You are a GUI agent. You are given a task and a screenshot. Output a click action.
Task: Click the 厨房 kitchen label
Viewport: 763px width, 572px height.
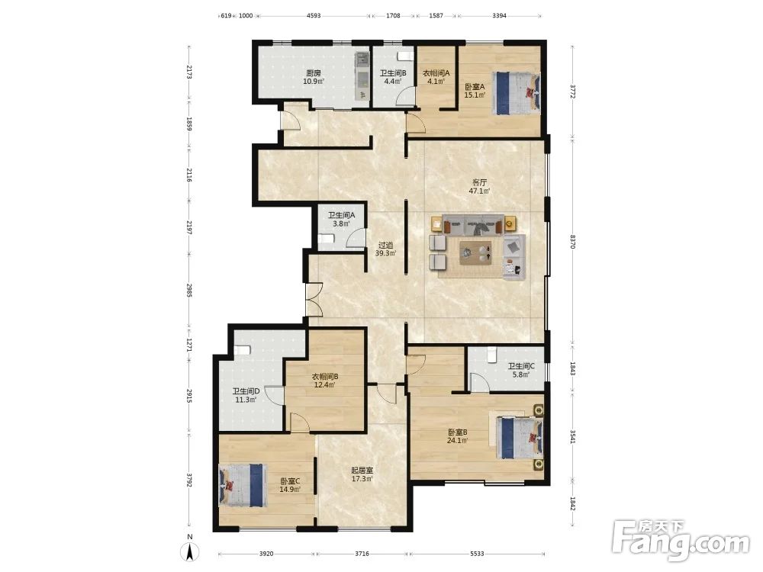tap(314, 73)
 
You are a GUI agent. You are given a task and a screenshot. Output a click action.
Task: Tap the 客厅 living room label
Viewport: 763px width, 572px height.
tap(479, 183)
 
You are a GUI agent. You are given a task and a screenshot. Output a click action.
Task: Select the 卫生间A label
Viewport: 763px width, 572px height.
tap(341, 215)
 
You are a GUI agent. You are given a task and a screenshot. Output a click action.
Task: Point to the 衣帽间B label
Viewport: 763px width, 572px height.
tap(324, 377)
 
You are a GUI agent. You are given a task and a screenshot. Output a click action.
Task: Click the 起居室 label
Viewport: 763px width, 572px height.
tap(362, 471)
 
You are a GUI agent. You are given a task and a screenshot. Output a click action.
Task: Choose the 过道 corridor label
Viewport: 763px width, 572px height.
tap(385, 245)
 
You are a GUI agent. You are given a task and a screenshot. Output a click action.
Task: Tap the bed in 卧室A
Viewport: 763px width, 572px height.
tap(517, 93)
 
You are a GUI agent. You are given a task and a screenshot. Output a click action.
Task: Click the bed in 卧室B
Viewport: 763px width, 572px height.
tap(520, 438)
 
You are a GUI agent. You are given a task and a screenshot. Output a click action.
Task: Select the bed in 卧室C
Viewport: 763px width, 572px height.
tap(243, 485)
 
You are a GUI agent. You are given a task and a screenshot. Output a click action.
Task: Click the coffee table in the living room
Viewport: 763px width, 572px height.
tap(475, 252)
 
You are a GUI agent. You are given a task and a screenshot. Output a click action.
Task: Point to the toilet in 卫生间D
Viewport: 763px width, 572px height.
tap(242, 350)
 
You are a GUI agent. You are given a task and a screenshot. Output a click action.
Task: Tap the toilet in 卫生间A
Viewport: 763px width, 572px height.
tap(326, 239)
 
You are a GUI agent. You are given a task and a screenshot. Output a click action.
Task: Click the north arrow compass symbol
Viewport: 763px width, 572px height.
tap(190, 550)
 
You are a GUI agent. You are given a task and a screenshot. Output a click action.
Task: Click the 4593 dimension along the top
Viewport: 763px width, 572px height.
tap(314, 15)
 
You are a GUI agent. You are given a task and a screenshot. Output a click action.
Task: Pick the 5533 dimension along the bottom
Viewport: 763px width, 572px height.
tap(477, 554)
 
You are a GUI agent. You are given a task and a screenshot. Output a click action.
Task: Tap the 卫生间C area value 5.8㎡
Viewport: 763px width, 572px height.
tap(520, 374)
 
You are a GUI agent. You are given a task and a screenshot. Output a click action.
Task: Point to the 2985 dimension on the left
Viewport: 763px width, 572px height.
tap(189, 291)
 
